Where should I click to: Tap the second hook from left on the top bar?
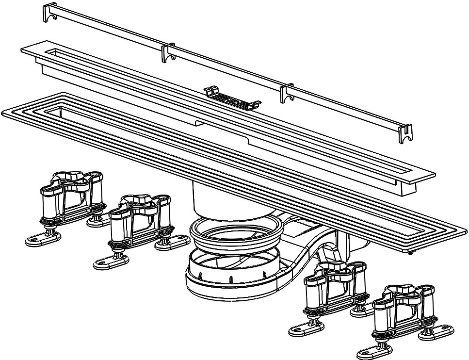click(x=168, y=53)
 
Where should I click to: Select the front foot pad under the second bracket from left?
click(x=111, y=262)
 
